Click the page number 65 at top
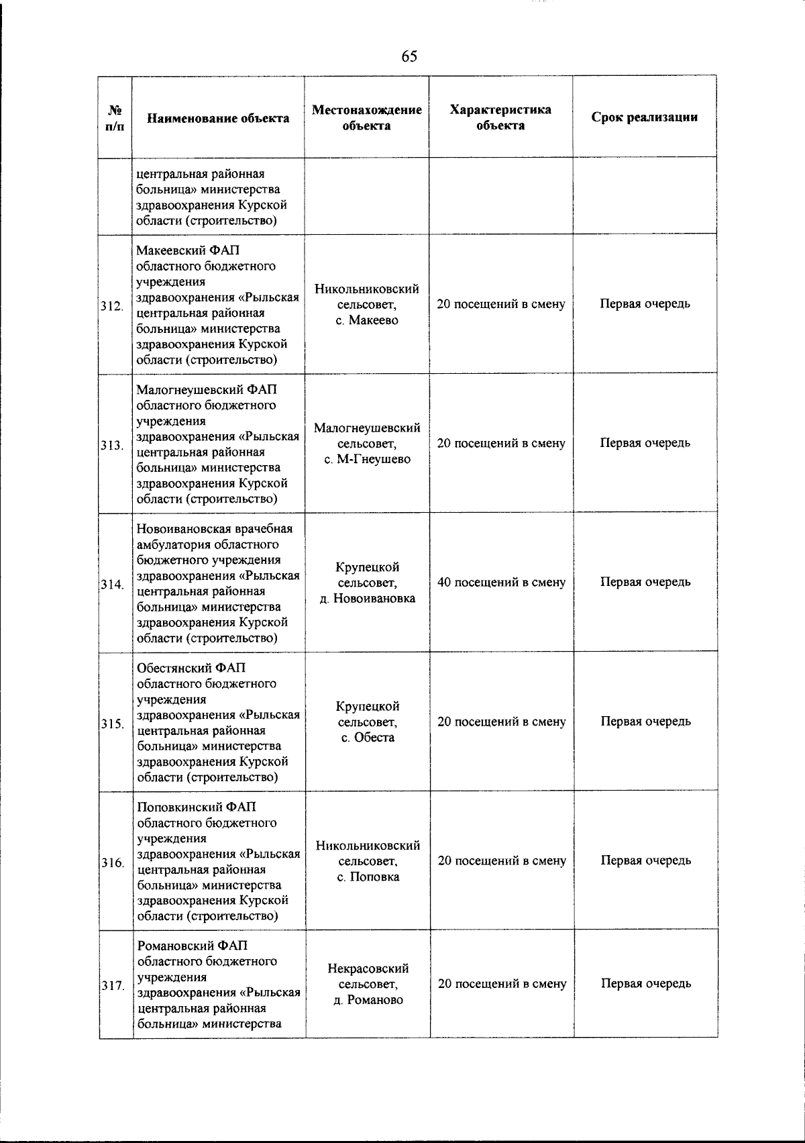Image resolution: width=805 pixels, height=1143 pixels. click(409, 56)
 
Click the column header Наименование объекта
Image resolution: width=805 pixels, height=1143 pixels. click(218, 118)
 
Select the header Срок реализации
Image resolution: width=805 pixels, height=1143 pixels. click(644, 117)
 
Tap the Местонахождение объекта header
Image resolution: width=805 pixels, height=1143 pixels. click(367, 117)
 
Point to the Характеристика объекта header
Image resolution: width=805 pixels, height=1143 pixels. click(500, 117)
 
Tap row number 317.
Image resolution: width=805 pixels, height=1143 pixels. click(112, 986)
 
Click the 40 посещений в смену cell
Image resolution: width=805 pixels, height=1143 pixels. click(501, 583)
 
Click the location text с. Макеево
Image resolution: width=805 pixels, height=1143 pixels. click(367, 320)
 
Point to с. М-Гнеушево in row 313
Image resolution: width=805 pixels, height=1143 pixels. click(367, 459)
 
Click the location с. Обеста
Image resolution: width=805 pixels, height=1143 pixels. click(367, 738)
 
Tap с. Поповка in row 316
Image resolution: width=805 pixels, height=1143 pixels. click(367, 877)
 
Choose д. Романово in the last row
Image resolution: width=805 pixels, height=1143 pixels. click(367, 1000)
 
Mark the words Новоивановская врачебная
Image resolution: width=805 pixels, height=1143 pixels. click(219, 529)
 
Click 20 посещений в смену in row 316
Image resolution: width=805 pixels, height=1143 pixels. click(501, 860)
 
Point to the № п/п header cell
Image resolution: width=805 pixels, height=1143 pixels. click(115, 118)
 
